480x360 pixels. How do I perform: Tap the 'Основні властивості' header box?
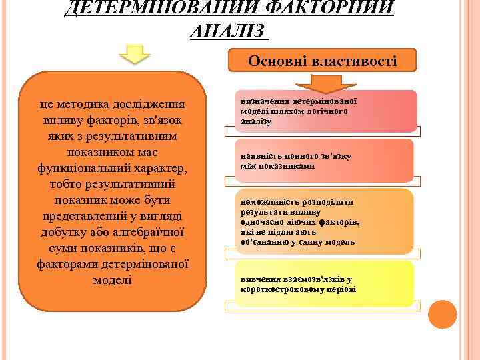point(323,61)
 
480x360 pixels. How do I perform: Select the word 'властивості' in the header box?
point(360,61)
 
